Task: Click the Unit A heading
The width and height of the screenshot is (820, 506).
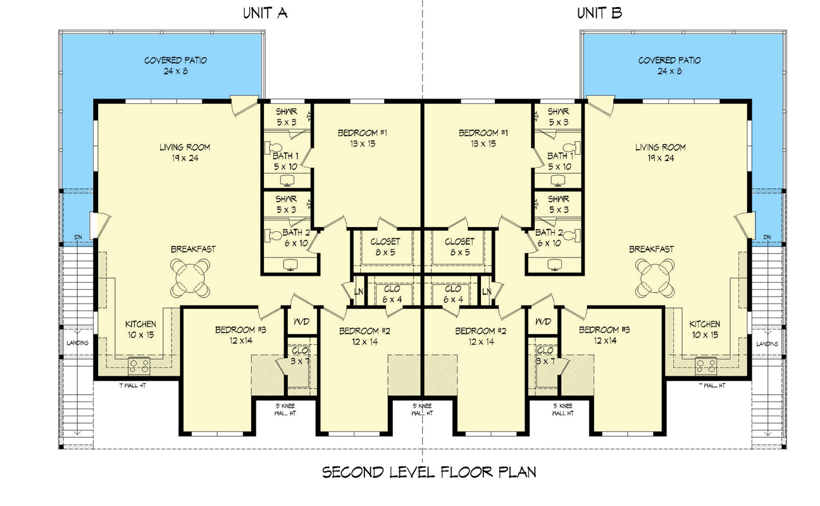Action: tap(265, 13)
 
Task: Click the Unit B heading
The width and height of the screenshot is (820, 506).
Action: tap(599, 13)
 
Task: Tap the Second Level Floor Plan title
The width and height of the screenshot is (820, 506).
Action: tap(429, 472)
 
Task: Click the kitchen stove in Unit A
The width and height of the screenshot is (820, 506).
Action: tap(138, 364)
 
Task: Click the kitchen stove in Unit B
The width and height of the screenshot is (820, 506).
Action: tap(704, 364)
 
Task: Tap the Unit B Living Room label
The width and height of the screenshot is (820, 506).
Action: tap(660, 152)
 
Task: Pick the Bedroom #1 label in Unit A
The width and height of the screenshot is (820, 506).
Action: tap(362, 138)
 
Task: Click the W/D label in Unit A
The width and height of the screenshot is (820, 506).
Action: tap(301, 322)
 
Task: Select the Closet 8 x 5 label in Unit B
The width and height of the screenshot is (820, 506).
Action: tap(459, 247)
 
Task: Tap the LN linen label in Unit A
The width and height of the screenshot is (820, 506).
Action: tap(358, 291)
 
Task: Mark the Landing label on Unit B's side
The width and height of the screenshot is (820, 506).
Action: tap(767, 343)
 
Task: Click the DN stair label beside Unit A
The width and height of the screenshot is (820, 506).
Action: tap(78, 237)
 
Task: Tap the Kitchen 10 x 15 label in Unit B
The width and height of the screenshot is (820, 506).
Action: tap(704, 329)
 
